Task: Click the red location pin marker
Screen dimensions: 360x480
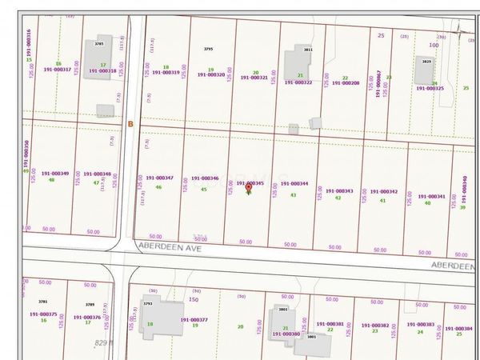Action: [x=248, y=187]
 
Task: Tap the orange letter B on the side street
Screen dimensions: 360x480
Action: [x=130, y=122]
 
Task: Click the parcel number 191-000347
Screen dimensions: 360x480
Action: [x=159, y=178]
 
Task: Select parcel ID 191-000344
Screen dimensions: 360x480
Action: [x=294, y=183]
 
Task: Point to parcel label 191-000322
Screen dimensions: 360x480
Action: [x=298, y=82]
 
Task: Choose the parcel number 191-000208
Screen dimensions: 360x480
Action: [x=345, y=82]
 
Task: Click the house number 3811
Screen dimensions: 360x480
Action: [x=307, y=50]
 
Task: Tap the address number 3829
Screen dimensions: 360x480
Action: [x=426, y=62]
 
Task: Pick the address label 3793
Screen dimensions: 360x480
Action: [x=147, y=303]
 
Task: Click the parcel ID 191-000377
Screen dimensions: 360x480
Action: [x=194, y=319]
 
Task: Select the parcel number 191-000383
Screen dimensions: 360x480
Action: [x=420, y=325]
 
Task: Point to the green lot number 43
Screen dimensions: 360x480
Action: [x=294, y=194]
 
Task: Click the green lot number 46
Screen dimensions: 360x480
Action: [x=158, y=187]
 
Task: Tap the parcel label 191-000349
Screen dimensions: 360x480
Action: [x=54, y=173]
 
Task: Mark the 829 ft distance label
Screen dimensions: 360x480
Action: [x=105, y=342]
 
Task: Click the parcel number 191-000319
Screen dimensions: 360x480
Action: [x=166, y=73]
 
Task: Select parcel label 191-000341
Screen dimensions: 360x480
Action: [x=431, y=196]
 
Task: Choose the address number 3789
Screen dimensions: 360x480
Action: [x=90, y=305]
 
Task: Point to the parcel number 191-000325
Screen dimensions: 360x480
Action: [x=430, y=88]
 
